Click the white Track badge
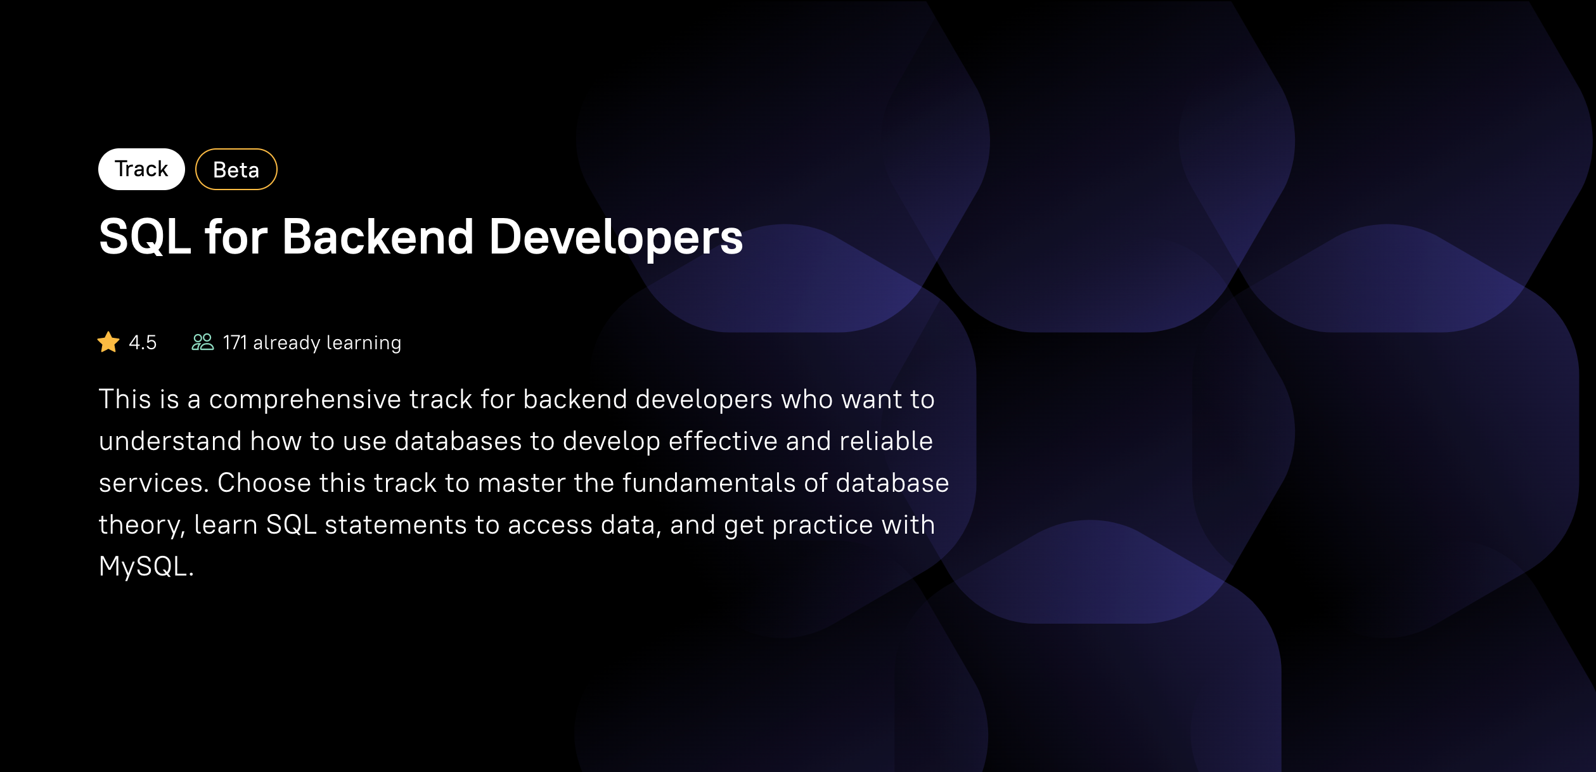[x=141, y=169]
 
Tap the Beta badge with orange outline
[x=236, y=169]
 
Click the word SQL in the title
[x=145, y=237]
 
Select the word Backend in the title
[x=378, y=237]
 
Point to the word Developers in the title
[x=616, y=238]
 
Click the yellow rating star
[x=108, y=342]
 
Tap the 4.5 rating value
[x=143, y=342]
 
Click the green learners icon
[x=203, y=342]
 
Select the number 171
[x=235, y=342]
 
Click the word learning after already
[x=364, y=344]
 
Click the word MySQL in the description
[x=144, y=567]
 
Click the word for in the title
[x=236, y=237]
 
